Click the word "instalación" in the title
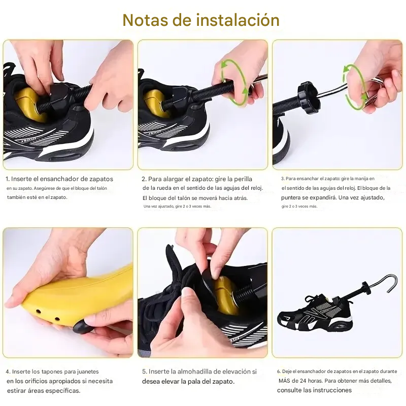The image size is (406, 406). point(238,20)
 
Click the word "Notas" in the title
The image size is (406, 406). point(146,20)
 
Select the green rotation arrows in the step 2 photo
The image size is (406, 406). point(233,83)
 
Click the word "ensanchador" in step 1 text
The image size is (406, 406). point(62,179)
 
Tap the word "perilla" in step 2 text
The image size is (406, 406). point(243,179)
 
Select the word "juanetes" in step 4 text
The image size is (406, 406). point(88,371)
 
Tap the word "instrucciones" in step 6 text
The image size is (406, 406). point(334,390)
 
